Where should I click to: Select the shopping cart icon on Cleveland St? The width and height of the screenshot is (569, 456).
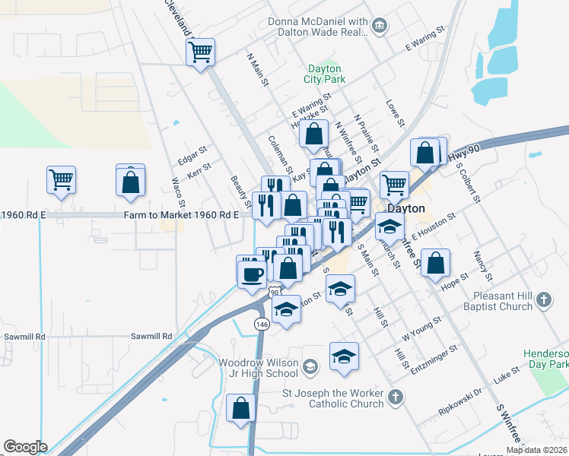point(201,52)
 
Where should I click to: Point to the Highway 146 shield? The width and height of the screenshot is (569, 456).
point(262,324)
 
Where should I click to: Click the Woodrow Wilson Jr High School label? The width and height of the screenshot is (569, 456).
point(259,368)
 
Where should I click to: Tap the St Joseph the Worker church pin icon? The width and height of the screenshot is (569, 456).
point(395,396)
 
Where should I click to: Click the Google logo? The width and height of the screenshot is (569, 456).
point(25,446)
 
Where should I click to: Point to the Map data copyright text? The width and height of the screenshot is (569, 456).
point(536,450)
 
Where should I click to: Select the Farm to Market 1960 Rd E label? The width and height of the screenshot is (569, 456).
point(181,215)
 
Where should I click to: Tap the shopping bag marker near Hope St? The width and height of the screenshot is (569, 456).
point(434,263)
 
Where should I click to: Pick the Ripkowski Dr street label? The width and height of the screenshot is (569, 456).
point(460,404)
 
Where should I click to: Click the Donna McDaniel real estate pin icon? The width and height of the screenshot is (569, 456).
point(380,29)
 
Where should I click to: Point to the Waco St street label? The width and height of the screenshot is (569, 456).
point(178,192)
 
